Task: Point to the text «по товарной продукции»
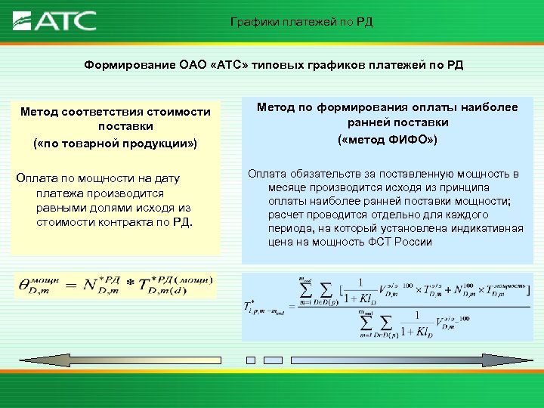click(x=116, y=141)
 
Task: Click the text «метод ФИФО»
click(x=387, y=140)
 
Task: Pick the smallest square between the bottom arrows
click(x=252, y=360)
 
